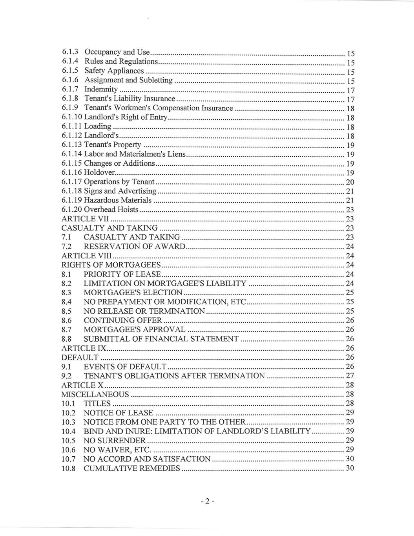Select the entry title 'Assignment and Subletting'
coord(129,80)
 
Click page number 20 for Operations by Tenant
coord(350,182)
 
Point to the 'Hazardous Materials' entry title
coord(118,200)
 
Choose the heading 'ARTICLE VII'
coord(85,219)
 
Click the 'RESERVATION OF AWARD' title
coord(134,247)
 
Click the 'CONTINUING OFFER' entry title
coord(122,320)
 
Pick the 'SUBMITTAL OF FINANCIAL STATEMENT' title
coord(161,339)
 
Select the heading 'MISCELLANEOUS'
coord(95,394)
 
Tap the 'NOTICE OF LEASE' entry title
coord(118,413)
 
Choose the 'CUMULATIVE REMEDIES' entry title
coord(132,468)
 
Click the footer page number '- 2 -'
coord(206,501)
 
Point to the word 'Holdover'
coord(100,173)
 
